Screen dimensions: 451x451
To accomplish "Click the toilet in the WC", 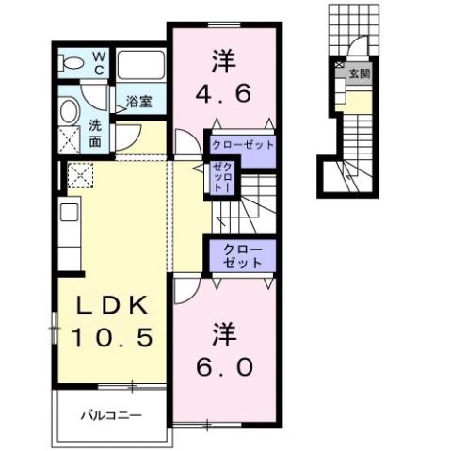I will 70,65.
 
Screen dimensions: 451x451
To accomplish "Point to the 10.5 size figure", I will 104,336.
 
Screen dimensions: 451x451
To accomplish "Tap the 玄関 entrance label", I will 358,72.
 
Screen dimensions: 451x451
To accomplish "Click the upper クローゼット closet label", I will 242,145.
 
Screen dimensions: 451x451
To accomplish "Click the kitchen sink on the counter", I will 69,211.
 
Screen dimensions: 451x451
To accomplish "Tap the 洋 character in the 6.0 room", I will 224,332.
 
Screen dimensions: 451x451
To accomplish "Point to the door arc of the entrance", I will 356,52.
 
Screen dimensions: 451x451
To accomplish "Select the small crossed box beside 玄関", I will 338,66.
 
